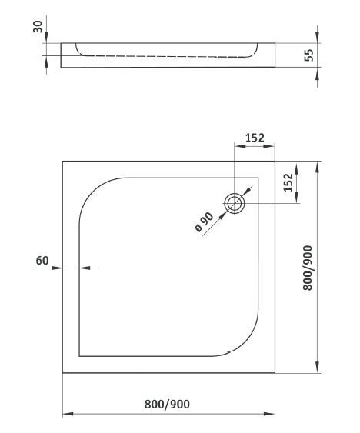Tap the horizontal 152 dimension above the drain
(x=255, y=138)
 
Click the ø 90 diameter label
(x=204, y=222)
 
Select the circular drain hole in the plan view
(x=235, y=203)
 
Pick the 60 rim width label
(x=42, y=260)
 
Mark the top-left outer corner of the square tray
(x=62, y=162)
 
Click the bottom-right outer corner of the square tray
(x=276, y=374)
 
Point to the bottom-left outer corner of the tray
(x=62, y=374)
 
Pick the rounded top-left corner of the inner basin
(x=96, y=192)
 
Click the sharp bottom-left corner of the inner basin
(x=81, y=357)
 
